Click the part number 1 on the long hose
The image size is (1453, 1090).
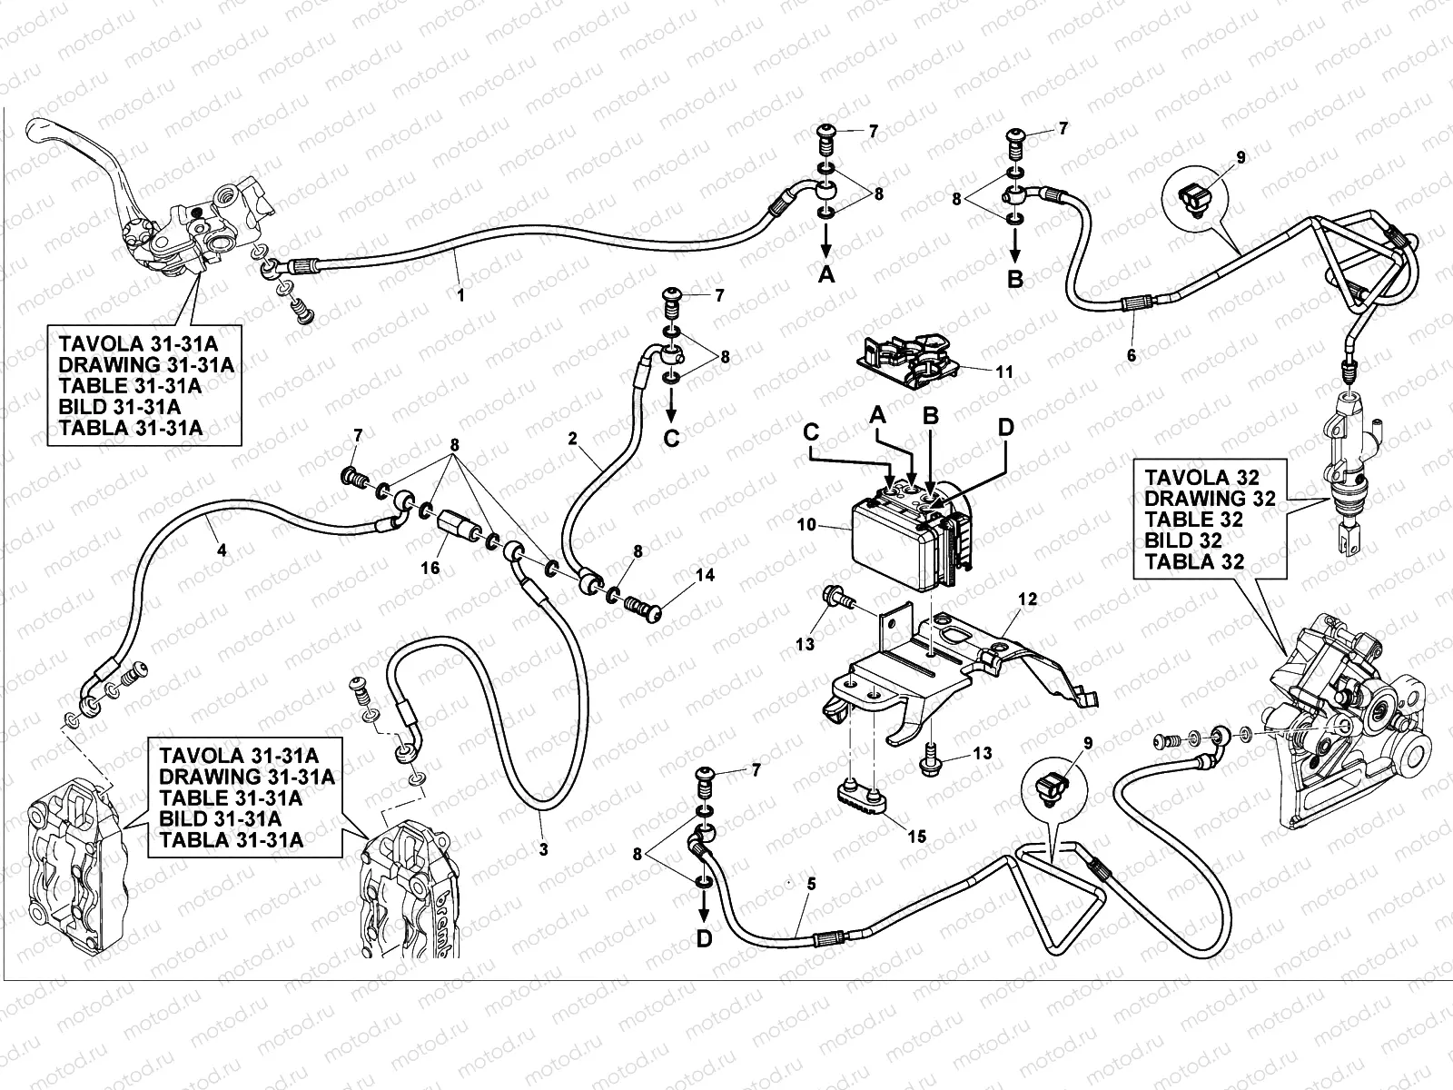pos(460,294)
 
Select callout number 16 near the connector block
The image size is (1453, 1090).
pos(430,568)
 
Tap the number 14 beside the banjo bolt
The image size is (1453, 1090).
pos(706,575)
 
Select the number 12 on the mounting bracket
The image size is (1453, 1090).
pos(1027,599)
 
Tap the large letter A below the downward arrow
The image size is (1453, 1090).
pos(825,275)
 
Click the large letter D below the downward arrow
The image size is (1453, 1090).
pos(705,939)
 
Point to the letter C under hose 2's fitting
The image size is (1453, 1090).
pos(671,440)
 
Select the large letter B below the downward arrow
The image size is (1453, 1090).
pos(1015,279)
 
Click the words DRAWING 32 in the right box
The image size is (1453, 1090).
pos(1210,498)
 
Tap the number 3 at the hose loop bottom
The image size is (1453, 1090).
pos(543,849)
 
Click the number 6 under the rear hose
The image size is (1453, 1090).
pos(1132,355)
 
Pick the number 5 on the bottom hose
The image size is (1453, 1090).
pos(811,882)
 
